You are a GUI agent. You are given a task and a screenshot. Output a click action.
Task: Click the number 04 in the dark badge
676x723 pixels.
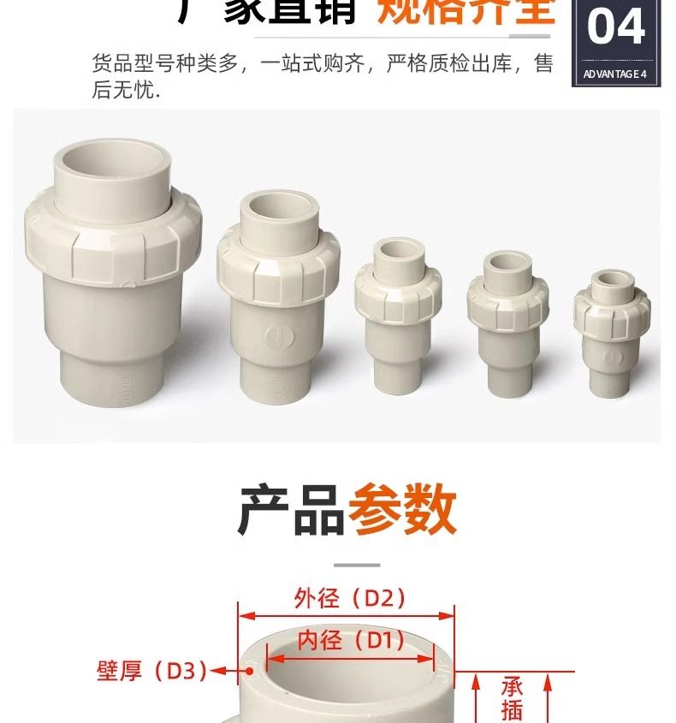click(616, 27)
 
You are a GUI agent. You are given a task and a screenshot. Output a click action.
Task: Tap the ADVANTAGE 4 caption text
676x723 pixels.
click(615, 74)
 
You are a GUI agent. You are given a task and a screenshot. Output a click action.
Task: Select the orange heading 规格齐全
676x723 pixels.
click(466, 12)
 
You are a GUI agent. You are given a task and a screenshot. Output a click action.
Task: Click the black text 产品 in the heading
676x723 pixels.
click(291, 511)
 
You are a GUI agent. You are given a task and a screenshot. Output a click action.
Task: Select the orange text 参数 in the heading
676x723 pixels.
click(402, 511)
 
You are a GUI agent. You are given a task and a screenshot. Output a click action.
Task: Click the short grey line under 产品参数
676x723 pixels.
click(356, 565)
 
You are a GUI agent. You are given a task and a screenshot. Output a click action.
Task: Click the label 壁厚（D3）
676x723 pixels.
click(151, 671)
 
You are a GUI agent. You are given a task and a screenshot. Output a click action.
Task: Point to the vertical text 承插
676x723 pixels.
click(512, 698)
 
